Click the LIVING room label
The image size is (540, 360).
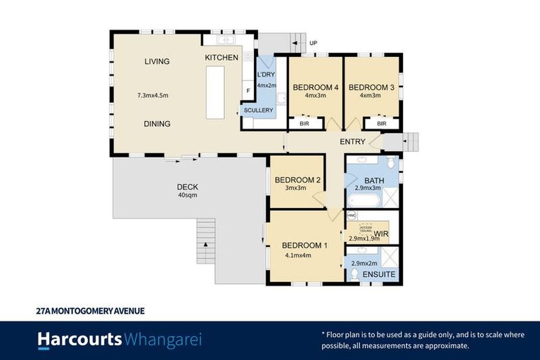[x=157, y=62]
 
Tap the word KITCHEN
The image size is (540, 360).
[x=221, y=57]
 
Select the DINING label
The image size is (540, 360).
[x=157, y=124]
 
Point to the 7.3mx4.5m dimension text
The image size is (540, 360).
[x=153, y=95]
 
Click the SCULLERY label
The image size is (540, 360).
[x=258, y=110]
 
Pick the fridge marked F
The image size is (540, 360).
[x=247, y=91]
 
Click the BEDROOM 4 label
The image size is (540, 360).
[x=316, y=87]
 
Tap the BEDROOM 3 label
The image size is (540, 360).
[x=371, y=87]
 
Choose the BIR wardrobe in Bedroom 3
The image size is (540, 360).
[x=381, y=124]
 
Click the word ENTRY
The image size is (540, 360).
[x=352, y=142]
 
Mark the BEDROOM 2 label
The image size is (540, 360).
[x=297, y=180]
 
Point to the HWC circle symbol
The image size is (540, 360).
[x=352, y=215]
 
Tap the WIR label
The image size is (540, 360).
[x=382, y=233]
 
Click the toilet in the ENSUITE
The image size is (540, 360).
[x=355, y=273]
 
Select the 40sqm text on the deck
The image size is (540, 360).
[x=188, y=197]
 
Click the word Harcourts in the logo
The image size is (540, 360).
[x=79, y=340]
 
